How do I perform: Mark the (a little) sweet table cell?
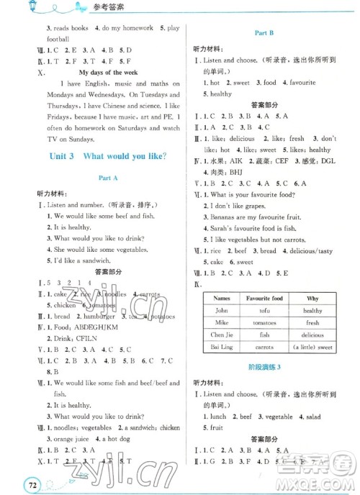[x=312, y=347]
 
